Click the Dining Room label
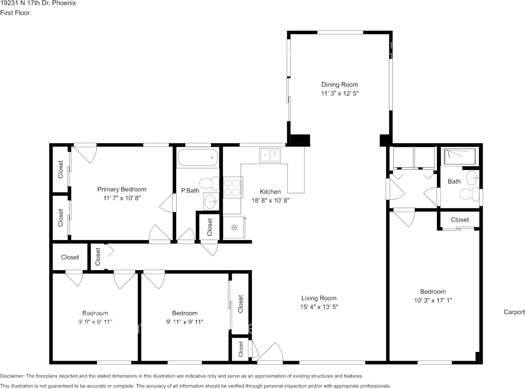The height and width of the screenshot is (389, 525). [339, 84]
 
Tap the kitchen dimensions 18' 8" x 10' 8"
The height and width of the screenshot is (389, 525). [270, 200]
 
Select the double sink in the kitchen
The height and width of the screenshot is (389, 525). [270, 155]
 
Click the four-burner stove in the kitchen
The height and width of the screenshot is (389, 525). [233, 187]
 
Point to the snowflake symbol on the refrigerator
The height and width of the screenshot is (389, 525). [235, 228]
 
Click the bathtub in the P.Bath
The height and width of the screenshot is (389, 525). [197, 157]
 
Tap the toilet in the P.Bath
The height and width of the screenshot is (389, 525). [209, 183]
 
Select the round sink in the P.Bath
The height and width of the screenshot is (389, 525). [211, 201]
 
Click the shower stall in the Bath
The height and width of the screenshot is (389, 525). [460, 156]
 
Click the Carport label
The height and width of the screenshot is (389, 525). [514, 312]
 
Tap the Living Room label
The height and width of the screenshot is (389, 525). [318, 298]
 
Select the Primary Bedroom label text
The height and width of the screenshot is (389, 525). [122, 189]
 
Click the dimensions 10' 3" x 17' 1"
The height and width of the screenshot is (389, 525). [433, 300]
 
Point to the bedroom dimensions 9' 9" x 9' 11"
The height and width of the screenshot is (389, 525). [95, 322]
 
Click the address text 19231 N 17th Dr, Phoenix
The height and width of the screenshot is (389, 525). [38, 3]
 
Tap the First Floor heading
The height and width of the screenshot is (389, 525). [15, 13]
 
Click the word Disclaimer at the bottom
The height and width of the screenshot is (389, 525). [12, 376]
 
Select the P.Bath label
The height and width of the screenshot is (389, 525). [190, 190]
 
